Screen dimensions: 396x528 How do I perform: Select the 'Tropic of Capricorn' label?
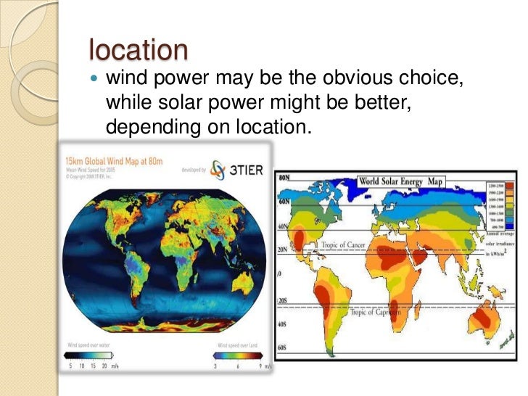coord(376,313)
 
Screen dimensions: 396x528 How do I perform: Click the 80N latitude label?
coord(284,177)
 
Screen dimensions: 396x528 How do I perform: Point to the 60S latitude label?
coord(284,348)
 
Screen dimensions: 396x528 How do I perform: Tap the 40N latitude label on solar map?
coord(284,227)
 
